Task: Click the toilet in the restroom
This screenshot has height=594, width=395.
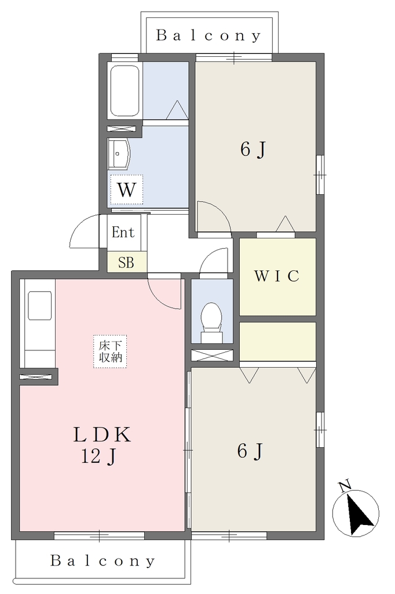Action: pos(211,322)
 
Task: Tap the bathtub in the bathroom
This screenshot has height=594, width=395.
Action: pos(125,90)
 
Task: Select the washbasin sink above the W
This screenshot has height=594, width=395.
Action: pos(119,153)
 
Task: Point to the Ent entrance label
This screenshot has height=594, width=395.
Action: pos(123,232)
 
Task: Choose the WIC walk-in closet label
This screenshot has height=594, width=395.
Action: pos(277,276)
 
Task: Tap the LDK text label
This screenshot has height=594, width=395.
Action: pos(102,434)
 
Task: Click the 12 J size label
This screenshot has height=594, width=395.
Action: pos(98,457)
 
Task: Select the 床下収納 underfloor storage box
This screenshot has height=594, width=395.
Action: pos(111,351)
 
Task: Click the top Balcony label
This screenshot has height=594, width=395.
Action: pos(209,35)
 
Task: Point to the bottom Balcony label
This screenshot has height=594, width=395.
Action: pos(103,561)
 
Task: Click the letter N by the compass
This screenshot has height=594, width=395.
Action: pos(344,487)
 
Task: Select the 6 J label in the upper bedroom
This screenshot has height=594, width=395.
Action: pos(253,149)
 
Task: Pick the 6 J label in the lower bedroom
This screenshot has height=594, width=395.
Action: pos(250,451)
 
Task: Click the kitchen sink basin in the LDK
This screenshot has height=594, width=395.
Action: pos(40,306)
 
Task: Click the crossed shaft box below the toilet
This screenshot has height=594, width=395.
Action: pos(212,356)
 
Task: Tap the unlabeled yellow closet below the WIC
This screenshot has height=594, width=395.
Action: pos(277,342)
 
